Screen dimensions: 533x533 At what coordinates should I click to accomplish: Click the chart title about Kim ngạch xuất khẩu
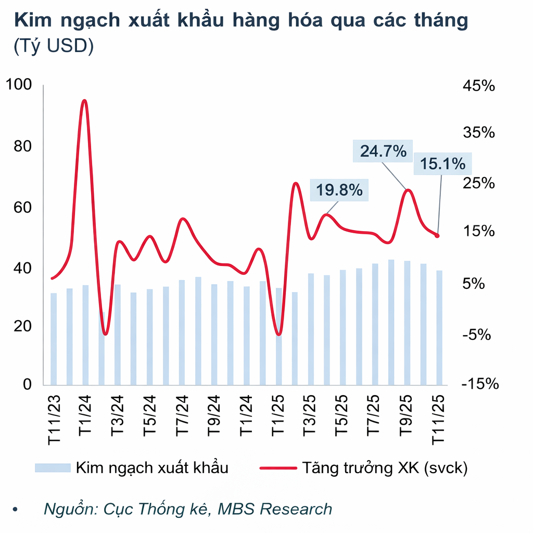click(x=240, y=21)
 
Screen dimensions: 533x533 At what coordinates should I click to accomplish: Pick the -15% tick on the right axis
click(x=480, y=384)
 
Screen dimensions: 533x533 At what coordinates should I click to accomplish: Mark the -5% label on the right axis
click(x=476, y=334)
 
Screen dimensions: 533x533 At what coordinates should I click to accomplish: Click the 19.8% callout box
click(x=339, y=190)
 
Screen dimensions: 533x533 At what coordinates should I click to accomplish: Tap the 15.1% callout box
click(x=442, y=164)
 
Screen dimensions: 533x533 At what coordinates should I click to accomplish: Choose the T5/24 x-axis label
click(x=150, y=416)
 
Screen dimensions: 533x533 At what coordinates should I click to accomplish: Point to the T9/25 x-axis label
click(x=407, y=416)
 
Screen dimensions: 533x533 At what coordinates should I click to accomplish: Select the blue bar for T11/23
click(x=53, y=338)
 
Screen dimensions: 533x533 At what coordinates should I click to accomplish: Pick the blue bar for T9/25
click(x=407, y=322)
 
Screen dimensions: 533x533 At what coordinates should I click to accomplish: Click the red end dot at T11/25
click(x=437, y=236)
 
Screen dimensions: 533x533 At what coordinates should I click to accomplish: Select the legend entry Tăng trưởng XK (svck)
click(x=364, y=467)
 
